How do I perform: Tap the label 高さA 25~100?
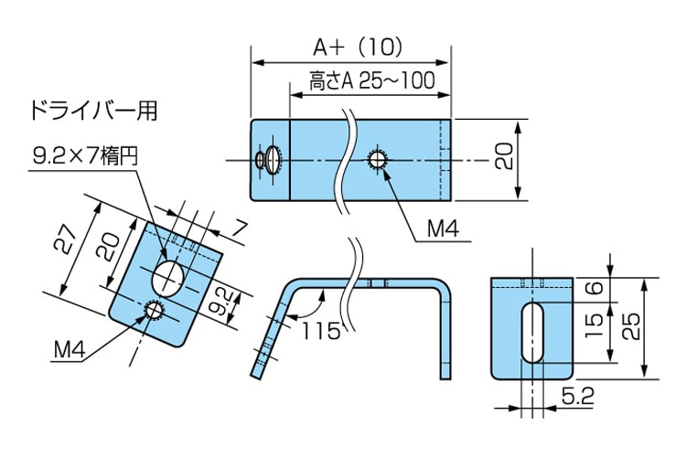pyautogui.click(x=371, y=80)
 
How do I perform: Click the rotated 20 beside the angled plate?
pyautogui.click(x=109, y=247)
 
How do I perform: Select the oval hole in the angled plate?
pyautogui.click(x=168, y=274)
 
